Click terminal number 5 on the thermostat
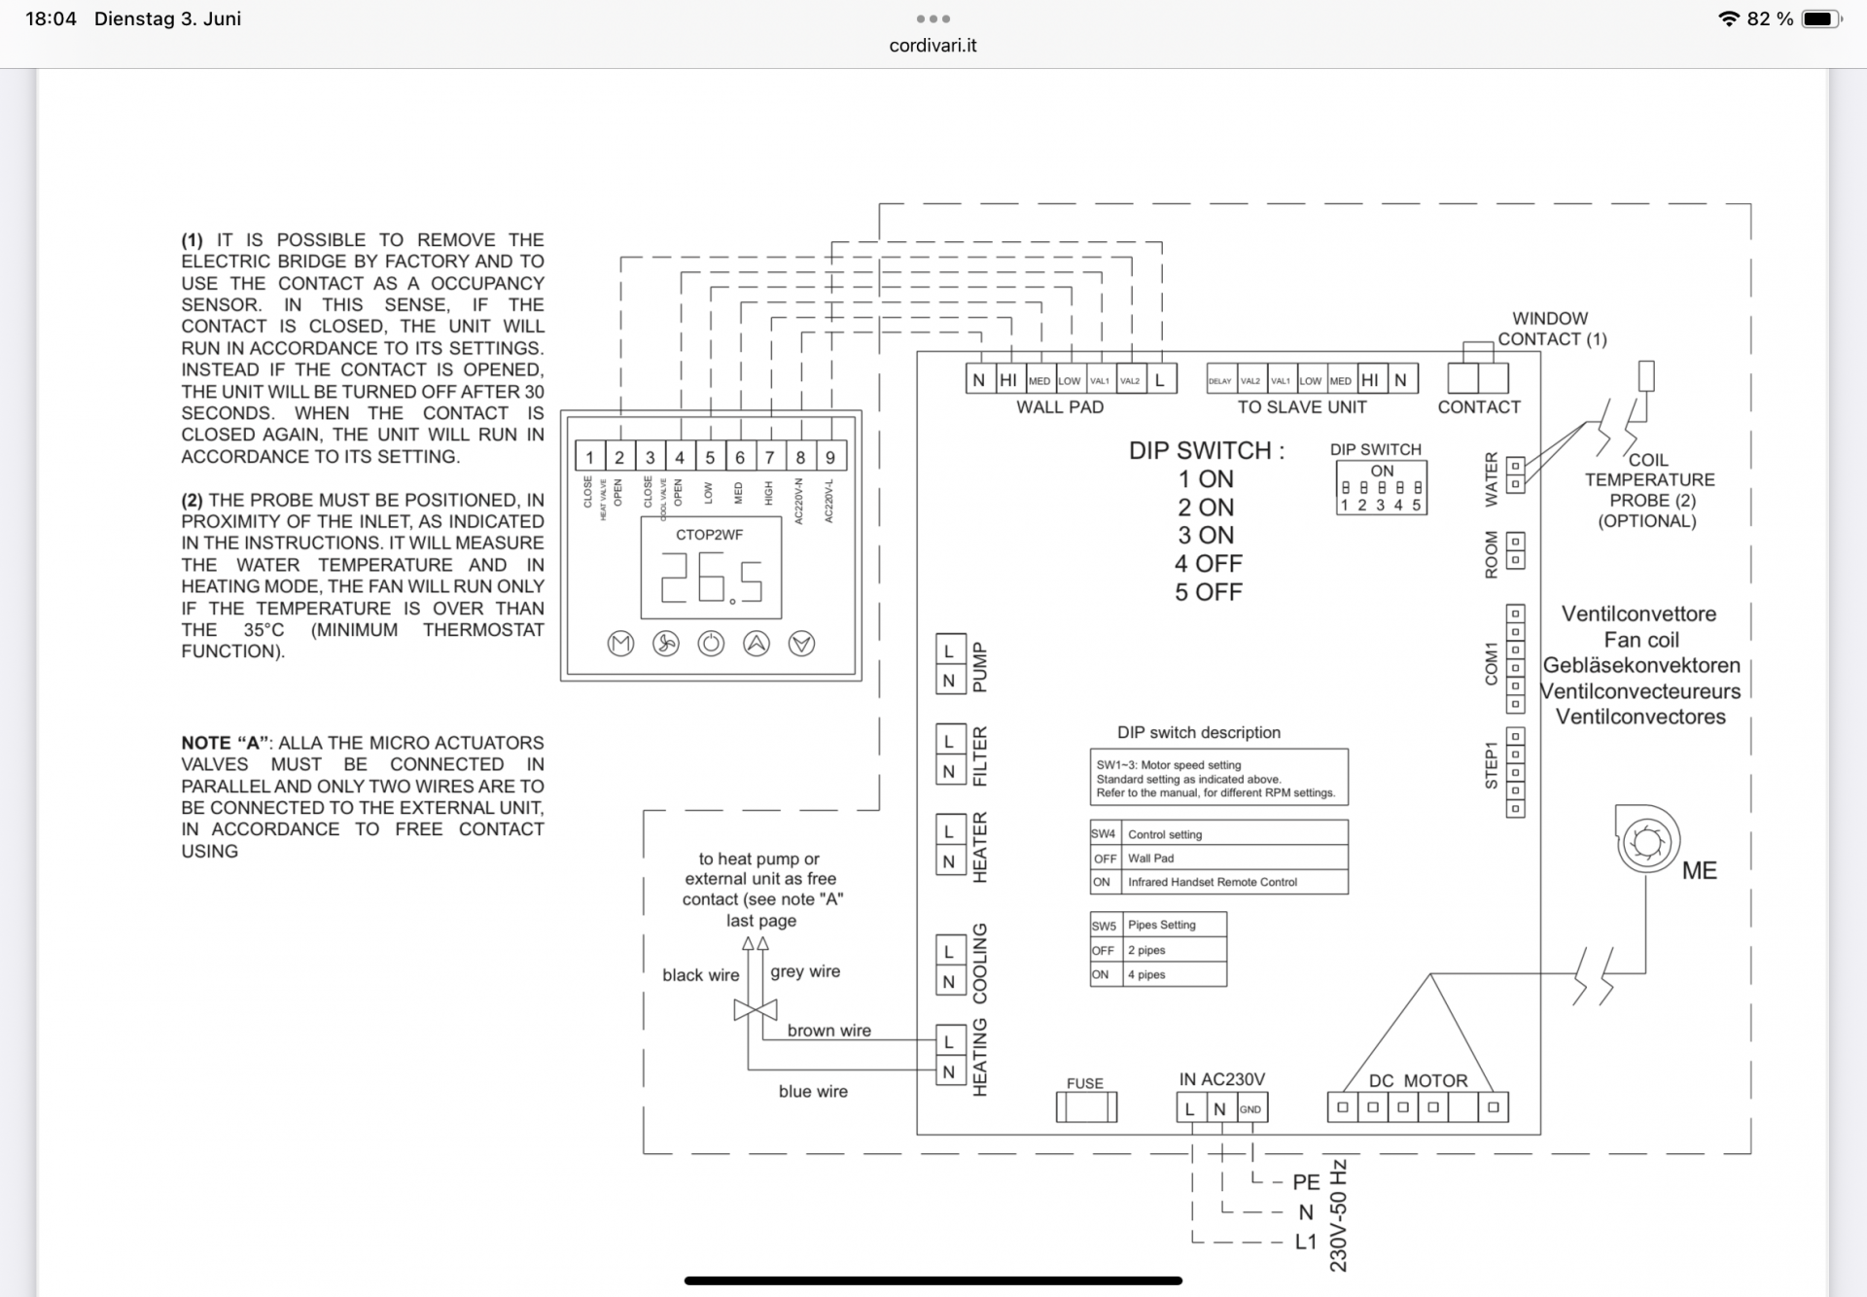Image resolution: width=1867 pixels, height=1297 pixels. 710,457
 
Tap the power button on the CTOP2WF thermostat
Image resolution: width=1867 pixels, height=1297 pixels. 711,644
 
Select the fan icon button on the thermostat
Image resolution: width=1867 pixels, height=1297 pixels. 666,644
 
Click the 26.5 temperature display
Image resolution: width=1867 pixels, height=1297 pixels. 711,576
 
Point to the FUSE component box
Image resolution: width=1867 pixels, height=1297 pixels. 1086,1106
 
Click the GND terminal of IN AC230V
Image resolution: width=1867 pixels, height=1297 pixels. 1251,1108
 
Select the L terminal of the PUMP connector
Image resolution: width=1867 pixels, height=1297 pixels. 949,650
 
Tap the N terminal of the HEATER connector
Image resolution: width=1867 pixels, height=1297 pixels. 949,861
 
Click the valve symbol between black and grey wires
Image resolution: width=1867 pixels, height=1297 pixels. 756,1010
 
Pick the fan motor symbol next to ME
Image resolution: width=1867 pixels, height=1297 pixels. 1647,841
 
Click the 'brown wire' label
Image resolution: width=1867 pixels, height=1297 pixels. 828,1031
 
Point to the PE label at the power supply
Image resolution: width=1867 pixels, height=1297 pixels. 1306,1182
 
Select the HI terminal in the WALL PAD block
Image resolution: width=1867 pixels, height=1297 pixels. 1008,380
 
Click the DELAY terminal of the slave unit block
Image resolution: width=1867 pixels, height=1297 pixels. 1220,381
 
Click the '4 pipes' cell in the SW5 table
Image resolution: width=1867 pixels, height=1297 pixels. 1175,974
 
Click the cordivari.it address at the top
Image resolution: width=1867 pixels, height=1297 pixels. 933,46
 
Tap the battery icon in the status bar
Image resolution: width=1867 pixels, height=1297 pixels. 1820,18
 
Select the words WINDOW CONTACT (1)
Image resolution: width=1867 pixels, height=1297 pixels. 1551,329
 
